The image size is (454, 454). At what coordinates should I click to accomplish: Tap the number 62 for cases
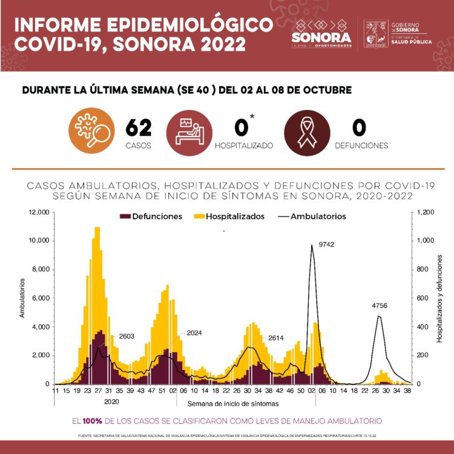[139, 128]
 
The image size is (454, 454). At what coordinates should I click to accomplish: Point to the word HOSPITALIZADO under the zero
[243, 146]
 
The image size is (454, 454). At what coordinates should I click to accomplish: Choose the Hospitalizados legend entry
[228, 216]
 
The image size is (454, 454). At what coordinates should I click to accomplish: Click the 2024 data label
[194, 332]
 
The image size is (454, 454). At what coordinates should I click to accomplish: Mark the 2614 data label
[276, 339]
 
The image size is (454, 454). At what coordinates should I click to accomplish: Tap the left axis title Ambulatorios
[22, 297]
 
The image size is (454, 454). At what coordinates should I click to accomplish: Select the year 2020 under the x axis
[112, 401]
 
